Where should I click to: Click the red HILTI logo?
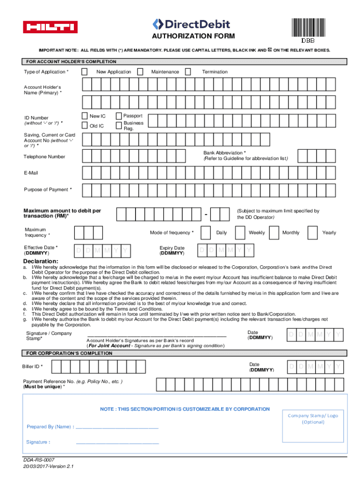tap(51, 27)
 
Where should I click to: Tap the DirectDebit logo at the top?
tap(192, 24)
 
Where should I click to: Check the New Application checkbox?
tap(84, 72)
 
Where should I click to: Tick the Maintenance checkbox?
tap(141, 72)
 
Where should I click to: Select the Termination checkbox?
tap(188, 72)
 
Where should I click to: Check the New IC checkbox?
tap(84, 116)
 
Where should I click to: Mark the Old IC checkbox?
tap(84, 125)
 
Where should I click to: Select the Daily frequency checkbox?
tap(206, 232)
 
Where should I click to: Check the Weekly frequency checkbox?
tap(239, 232)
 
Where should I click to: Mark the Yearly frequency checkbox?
tap(312, 232)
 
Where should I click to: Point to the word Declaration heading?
tap(41, 261)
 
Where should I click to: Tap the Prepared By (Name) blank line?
tap(116, 427)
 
